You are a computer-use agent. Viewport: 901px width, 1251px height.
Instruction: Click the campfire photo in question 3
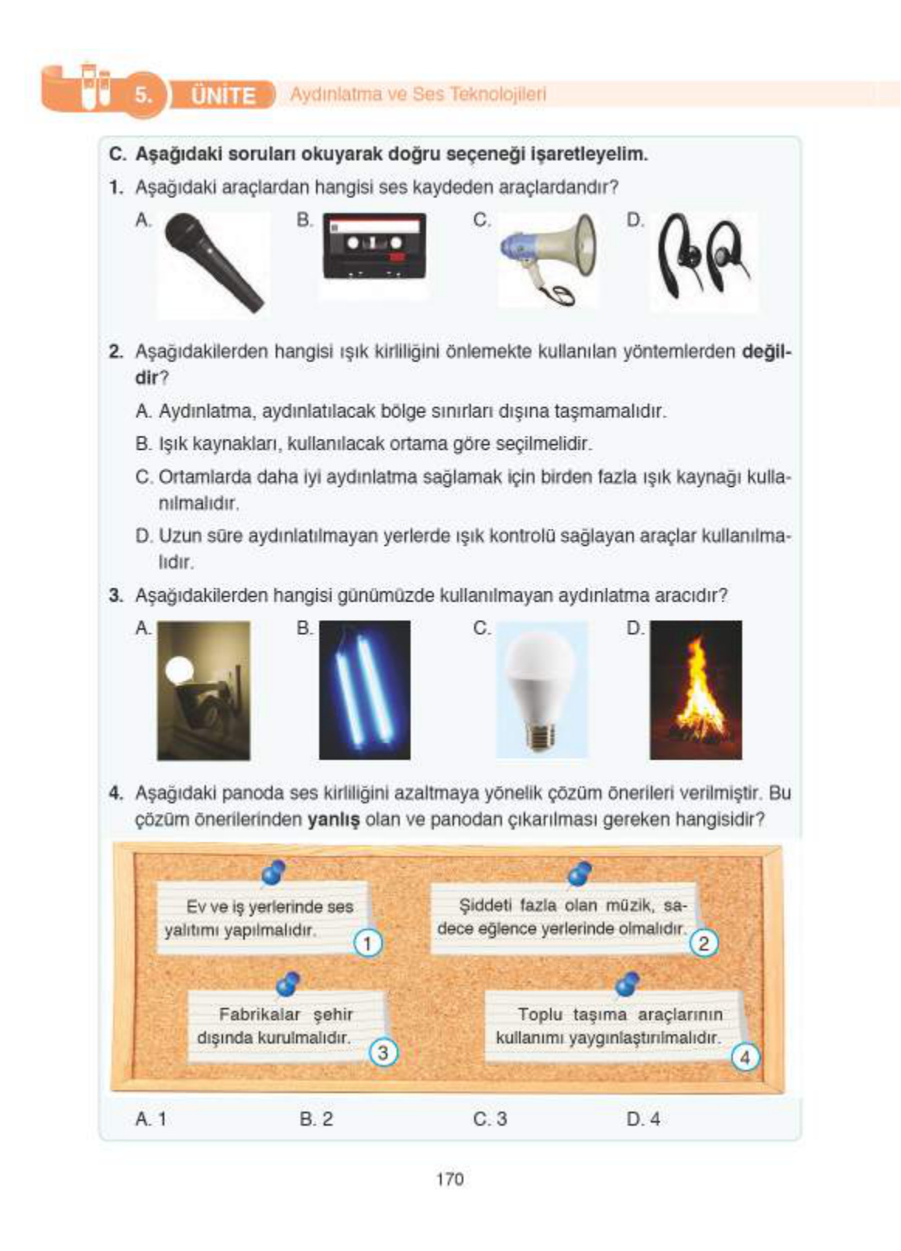(696, 690)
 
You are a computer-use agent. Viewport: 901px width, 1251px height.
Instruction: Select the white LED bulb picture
(541, 690)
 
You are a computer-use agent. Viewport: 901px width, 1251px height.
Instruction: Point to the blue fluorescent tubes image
(365, 690)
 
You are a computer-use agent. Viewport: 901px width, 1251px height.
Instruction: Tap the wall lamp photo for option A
(203, 690)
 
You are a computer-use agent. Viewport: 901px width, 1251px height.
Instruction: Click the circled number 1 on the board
(367, 943)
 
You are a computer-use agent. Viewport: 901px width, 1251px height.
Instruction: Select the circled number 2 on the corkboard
(703, 943)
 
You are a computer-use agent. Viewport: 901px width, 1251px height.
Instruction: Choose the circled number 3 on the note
(382, 1053)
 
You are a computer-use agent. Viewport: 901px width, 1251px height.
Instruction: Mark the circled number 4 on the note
(745, 1057)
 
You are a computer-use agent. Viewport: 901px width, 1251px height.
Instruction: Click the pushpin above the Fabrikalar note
(288, 985)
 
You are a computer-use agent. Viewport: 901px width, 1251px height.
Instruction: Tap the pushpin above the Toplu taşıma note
(627, 985)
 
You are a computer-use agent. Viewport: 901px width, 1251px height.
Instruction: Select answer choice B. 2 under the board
(316, 1119)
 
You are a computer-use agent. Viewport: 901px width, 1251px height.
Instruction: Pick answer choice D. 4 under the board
(643, 1119)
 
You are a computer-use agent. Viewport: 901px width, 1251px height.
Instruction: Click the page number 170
(449, 1179)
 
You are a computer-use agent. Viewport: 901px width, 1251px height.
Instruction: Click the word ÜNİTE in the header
(222, 96)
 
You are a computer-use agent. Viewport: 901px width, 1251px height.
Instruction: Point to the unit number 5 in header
(143, 95)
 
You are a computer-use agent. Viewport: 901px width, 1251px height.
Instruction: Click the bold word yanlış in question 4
(333, 819)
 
